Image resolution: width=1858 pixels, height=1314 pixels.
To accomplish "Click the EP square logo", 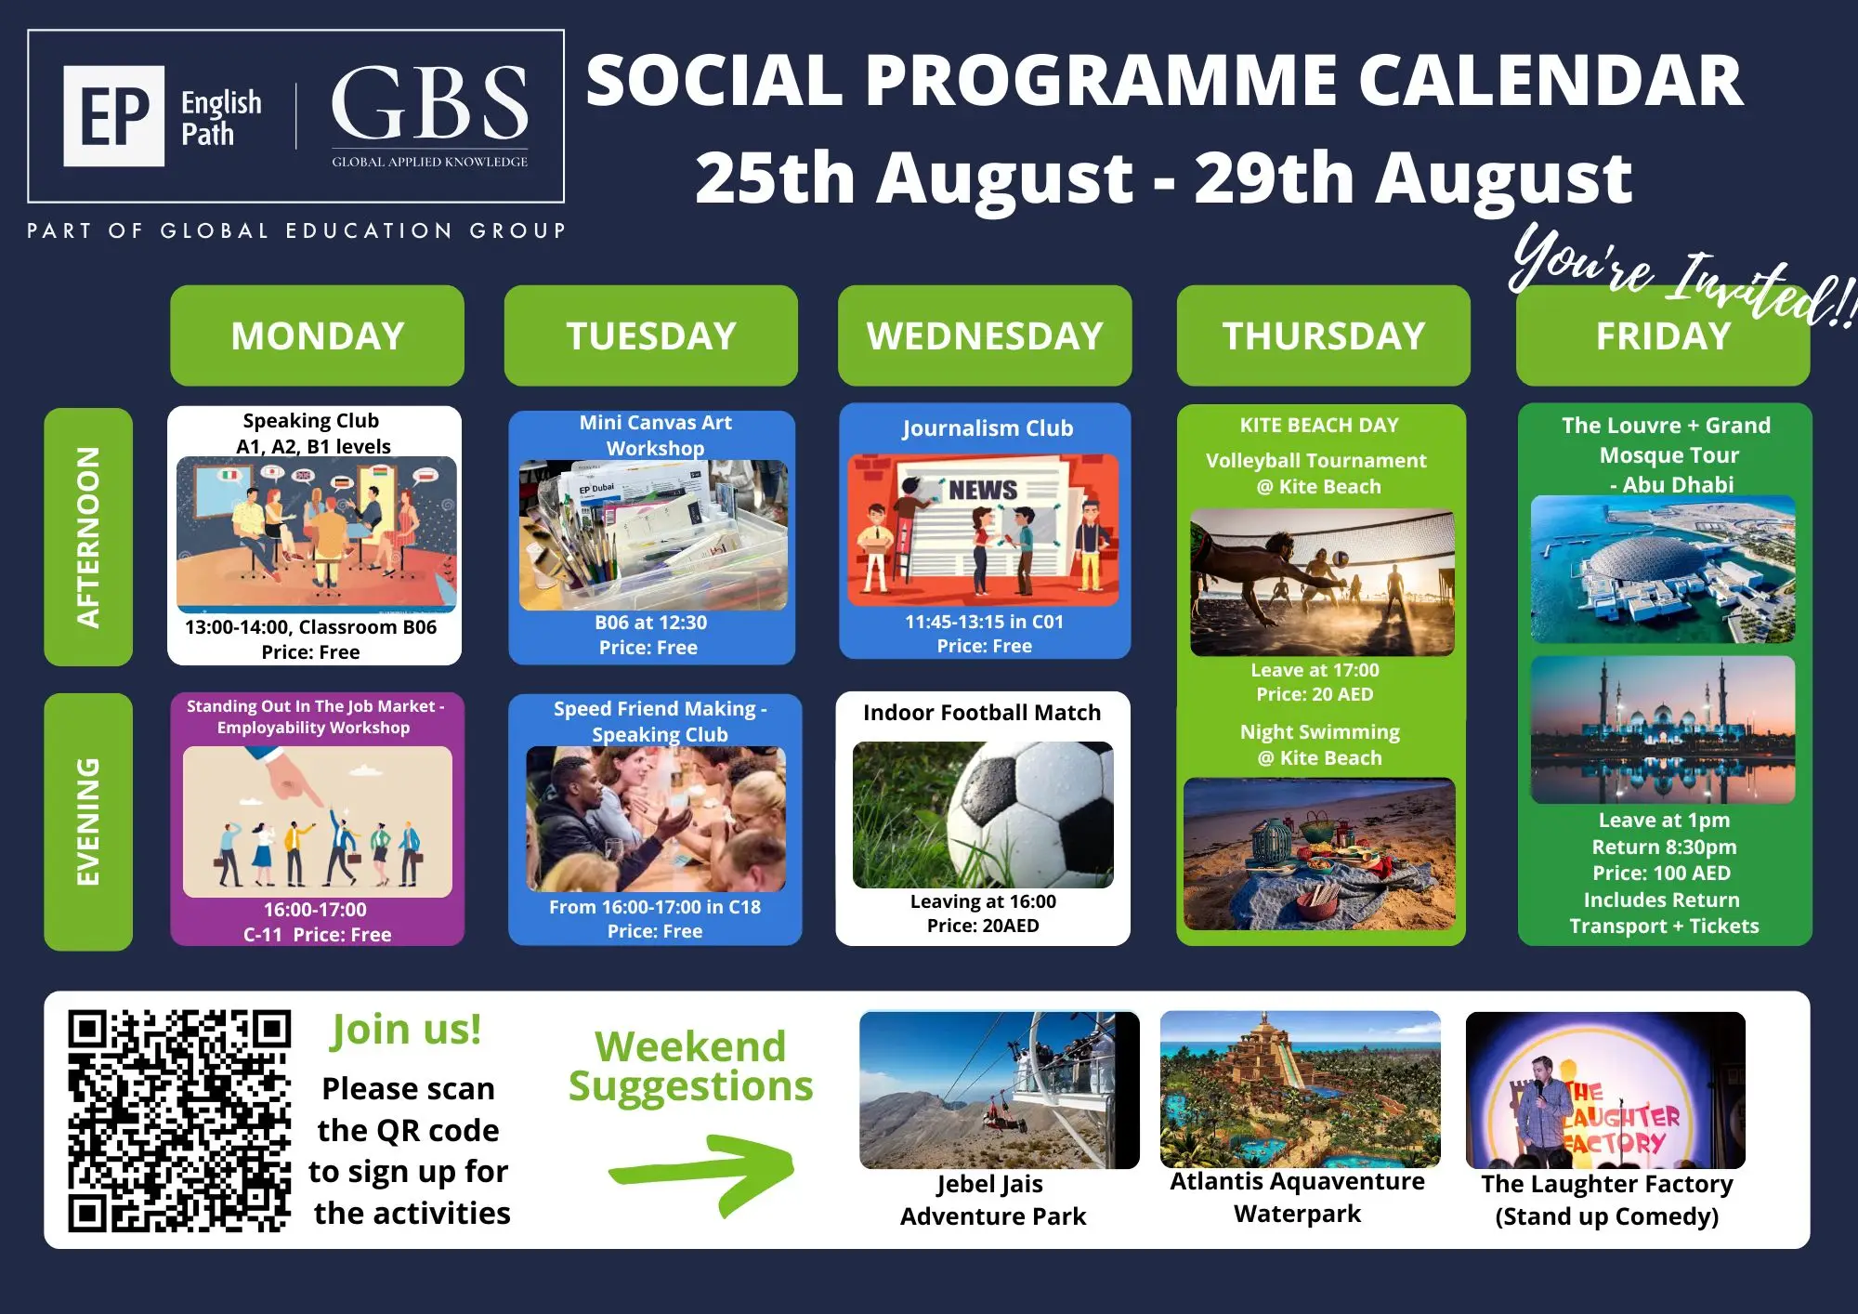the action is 113,116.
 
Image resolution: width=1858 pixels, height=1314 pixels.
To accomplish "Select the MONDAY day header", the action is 317,335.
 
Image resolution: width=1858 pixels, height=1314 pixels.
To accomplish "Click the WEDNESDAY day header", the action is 985,335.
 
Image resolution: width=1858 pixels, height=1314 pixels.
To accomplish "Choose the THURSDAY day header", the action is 1324,335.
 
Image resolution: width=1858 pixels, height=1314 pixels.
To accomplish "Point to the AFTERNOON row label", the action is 88,537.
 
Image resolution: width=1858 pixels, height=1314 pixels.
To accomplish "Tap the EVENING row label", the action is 88,821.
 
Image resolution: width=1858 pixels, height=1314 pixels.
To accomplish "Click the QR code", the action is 179,1121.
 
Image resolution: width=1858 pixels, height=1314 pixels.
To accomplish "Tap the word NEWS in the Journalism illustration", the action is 983,489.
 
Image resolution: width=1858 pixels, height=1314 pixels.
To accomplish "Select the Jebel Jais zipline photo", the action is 1000,1090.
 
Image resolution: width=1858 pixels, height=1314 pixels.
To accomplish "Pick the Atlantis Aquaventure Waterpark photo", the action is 1301,1089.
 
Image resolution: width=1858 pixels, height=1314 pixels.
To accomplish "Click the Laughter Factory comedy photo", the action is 1605,1090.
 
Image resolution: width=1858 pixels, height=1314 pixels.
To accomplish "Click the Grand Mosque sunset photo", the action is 1663,729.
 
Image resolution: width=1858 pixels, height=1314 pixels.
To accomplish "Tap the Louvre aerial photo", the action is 1663,569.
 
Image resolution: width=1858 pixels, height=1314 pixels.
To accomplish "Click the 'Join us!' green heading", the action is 406,1031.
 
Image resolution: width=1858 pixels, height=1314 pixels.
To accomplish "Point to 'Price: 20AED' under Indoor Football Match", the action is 983,926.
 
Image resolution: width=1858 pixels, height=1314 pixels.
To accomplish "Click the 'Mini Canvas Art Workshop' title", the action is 655,435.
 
